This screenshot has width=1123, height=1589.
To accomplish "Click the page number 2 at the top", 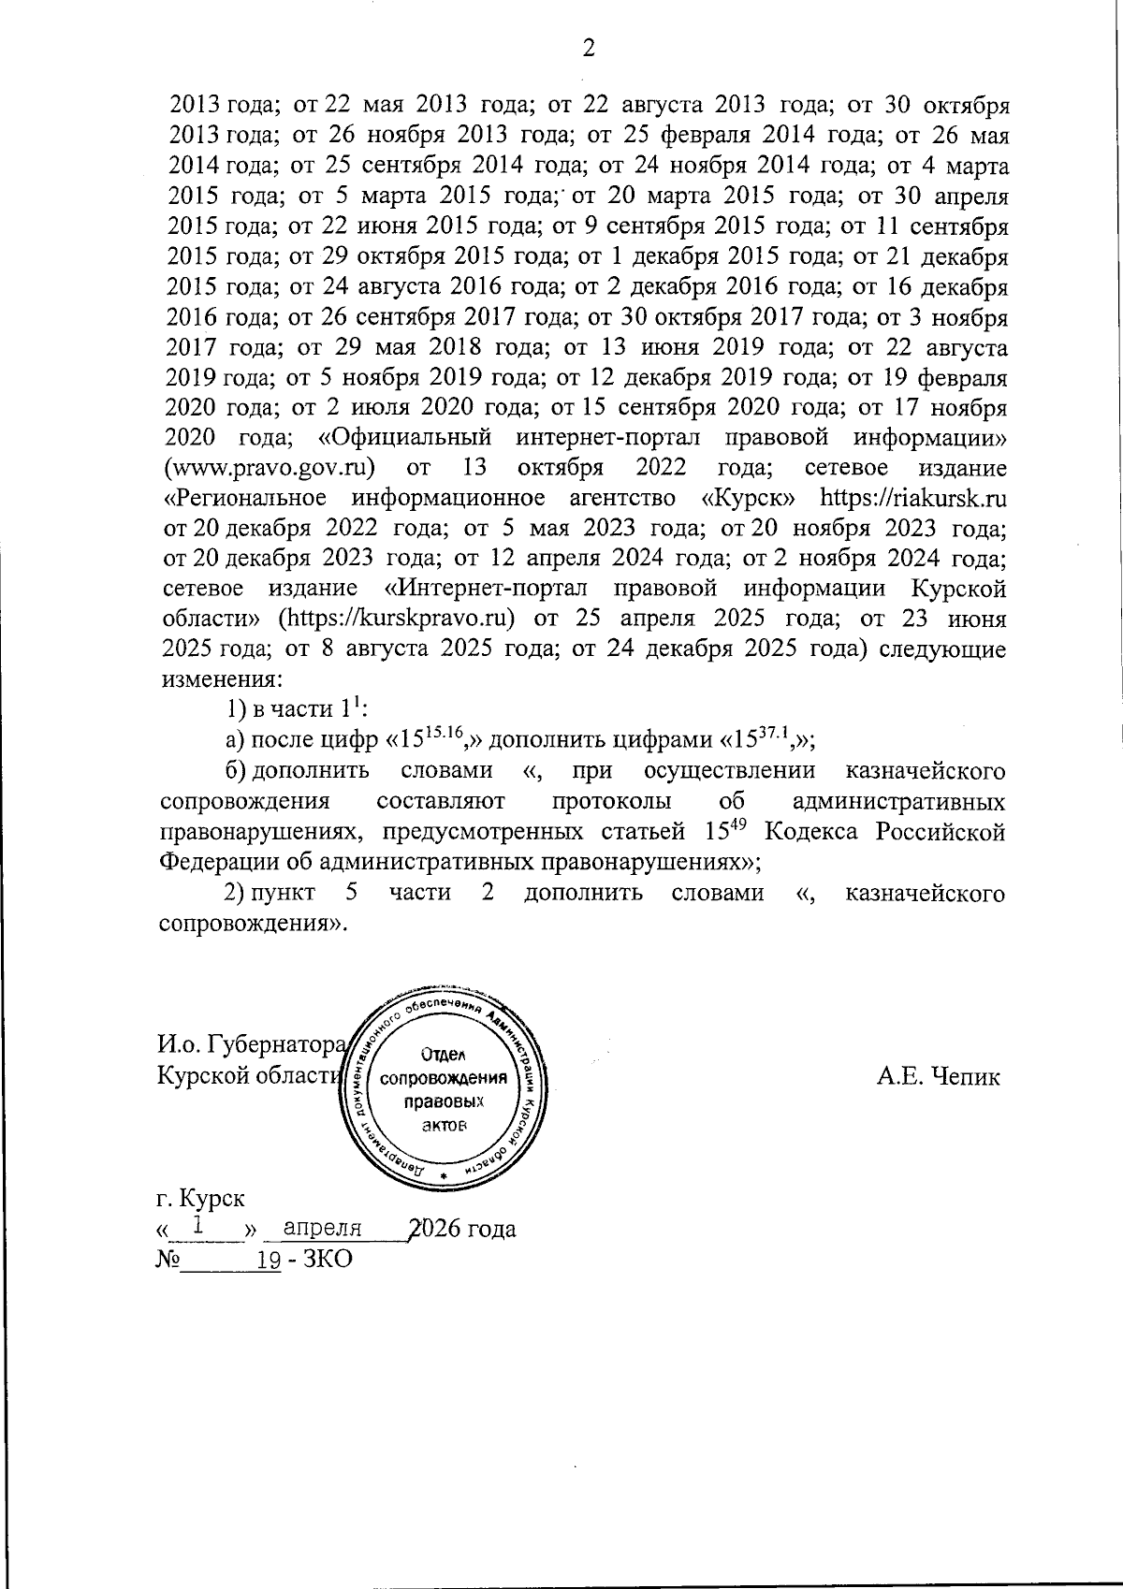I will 589,49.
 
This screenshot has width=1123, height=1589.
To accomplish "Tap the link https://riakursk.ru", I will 912,497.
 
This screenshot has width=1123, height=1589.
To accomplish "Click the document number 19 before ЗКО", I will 270,1260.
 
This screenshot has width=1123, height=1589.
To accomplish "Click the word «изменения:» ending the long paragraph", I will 221,678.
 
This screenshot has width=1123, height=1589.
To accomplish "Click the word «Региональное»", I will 245,497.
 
